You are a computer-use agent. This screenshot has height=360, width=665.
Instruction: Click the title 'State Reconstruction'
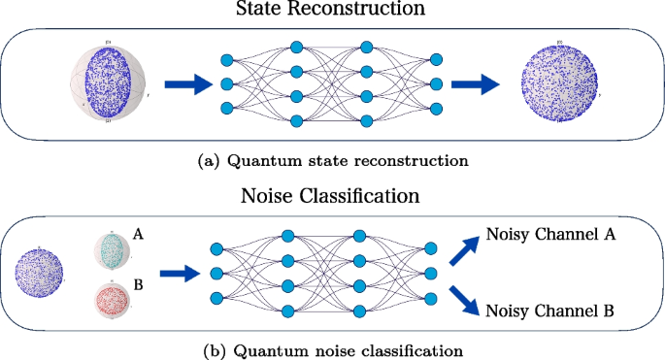(331, 11)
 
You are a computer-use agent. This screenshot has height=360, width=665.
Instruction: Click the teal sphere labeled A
(114, 250)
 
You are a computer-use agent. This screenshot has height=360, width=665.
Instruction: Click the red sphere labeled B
(114, 300)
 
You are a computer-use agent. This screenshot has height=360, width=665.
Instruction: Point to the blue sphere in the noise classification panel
(38, 274)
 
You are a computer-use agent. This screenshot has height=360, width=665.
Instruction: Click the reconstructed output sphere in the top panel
(560, 86)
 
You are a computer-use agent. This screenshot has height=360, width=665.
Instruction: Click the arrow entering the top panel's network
(186, 85)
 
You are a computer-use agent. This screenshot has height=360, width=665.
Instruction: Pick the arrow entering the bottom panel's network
(180, 275)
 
